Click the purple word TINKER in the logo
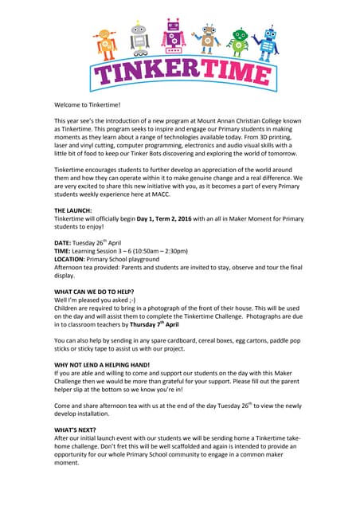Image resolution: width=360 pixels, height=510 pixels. tap(148, 73)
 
